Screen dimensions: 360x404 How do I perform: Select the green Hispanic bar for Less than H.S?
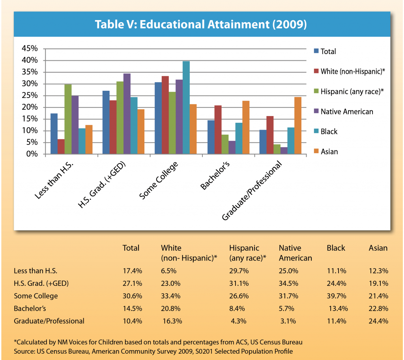[x=68, y=119]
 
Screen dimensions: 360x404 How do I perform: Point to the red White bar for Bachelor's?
[x=218, y=130]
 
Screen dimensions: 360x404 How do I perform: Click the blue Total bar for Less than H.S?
[x=54, y=134]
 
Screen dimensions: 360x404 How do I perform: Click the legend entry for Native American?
[x=347, y=112]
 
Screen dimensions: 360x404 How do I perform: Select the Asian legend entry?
[x=329, y=152]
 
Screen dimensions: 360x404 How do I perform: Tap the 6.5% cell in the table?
[x=169, y=271]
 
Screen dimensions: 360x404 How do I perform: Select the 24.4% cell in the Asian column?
[x=378, y=321]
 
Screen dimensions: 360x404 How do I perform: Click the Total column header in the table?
[x=131, y=248]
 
